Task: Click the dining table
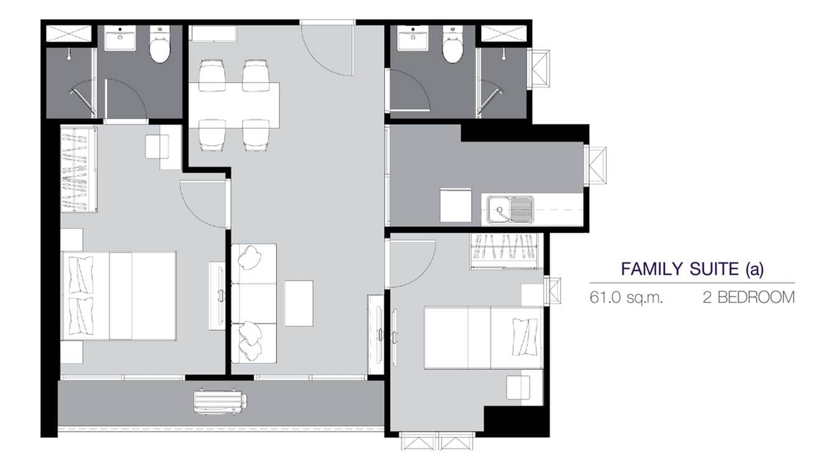point(235,104)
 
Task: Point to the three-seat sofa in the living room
point(254,304)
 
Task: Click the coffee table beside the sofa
point(299,304)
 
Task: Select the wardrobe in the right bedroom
point(505,251)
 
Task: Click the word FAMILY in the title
point(650,269)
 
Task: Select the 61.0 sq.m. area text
point(626,297)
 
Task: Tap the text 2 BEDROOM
point(749,297)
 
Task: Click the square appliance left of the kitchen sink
point(455,205)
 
